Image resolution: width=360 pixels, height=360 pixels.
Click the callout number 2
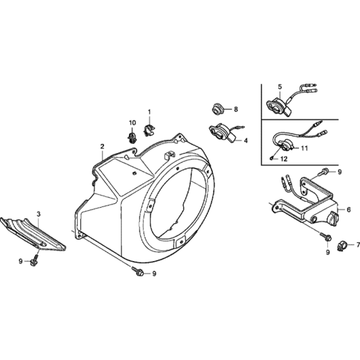(102, 147)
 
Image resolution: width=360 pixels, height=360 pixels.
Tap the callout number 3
(39, 214)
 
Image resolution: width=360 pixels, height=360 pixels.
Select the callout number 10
(132, 123)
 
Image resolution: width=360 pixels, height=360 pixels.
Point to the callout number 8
(236, 109)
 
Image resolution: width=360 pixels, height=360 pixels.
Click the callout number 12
(284, 159)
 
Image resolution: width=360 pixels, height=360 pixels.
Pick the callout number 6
(348, 210)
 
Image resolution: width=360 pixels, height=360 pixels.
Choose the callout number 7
(358, 245)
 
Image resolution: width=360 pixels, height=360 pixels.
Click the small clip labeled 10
(132, 138)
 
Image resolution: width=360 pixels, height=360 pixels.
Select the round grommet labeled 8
(217, 109)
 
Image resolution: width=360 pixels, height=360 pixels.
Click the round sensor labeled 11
(287, 145)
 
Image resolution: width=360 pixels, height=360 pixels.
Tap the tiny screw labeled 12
(271, 157)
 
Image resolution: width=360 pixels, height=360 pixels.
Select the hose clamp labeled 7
(341, 246)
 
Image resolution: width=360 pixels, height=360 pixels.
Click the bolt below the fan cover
(138, 271)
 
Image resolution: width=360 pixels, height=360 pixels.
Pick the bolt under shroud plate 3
(33, 260)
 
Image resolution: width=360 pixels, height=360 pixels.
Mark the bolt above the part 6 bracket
(323, 172)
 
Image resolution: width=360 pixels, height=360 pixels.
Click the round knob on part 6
(332, 217)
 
